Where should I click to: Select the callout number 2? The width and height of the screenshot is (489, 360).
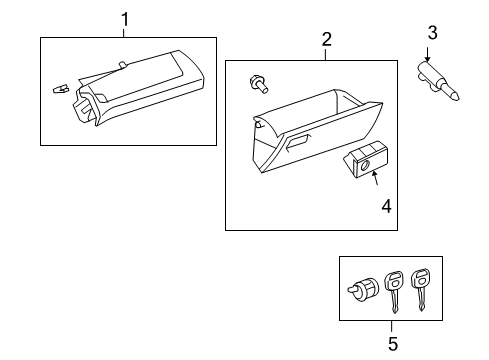pyautogui.click(x=326, y=39)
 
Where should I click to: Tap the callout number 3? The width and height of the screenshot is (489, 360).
pyautogui.click(x=432, y=34)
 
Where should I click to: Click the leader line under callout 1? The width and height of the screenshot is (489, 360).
pyautogui.click(x=125, y=32)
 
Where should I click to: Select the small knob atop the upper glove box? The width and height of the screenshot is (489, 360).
pyautogui.click(x=122, y=66)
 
